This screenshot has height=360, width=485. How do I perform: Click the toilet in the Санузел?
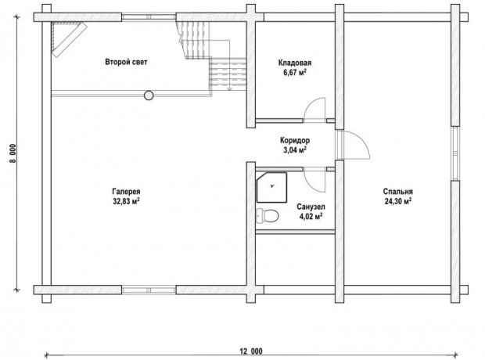click(268, 215)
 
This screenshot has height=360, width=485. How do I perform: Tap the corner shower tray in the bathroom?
click(272, 187)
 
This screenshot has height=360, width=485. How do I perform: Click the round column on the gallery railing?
click(149, 95)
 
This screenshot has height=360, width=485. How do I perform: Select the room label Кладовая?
click(295, 63)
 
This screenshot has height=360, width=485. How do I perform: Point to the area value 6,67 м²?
click(295, 73)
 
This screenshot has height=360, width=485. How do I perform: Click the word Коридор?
click(295, 141)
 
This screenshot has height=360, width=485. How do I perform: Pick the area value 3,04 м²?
click(295, 150)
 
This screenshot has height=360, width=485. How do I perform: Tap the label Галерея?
click(126, 192)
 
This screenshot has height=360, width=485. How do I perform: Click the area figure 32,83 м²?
click(126, 201)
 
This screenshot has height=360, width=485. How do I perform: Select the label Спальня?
click(397, 192)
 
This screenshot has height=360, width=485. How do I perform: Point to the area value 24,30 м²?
click(397, 201)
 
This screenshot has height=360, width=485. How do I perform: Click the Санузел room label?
click(311, 207)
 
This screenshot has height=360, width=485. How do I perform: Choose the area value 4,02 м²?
click(311, 216)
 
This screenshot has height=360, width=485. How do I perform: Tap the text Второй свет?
click(126, 62)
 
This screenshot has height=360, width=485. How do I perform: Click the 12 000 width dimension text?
click(251, 351)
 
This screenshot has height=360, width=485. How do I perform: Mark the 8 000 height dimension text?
click(13, 153)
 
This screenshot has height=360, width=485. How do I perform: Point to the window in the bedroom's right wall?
click(455, 153)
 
